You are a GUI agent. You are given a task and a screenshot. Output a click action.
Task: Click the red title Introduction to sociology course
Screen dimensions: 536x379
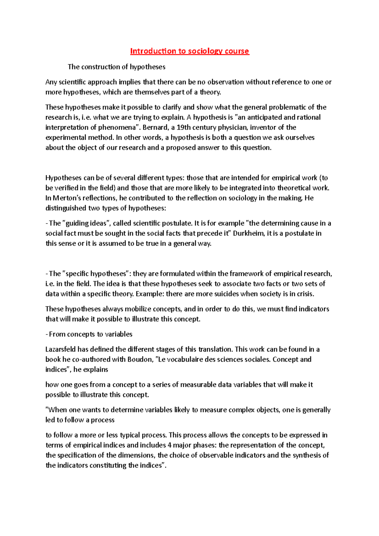[x=189, y=51]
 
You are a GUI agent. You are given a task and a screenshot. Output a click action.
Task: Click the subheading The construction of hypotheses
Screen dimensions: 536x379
[x=117, y=67]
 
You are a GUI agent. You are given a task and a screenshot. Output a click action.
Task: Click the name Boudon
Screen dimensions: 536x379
[x=139, y=360]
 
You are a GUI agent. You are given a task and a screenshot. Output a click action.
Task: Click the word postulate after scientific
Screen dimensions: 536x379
[x=177, y=223]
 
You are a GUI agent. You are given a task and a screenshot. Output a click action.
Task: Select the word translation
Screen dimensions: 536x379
[x=215, y=349]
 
